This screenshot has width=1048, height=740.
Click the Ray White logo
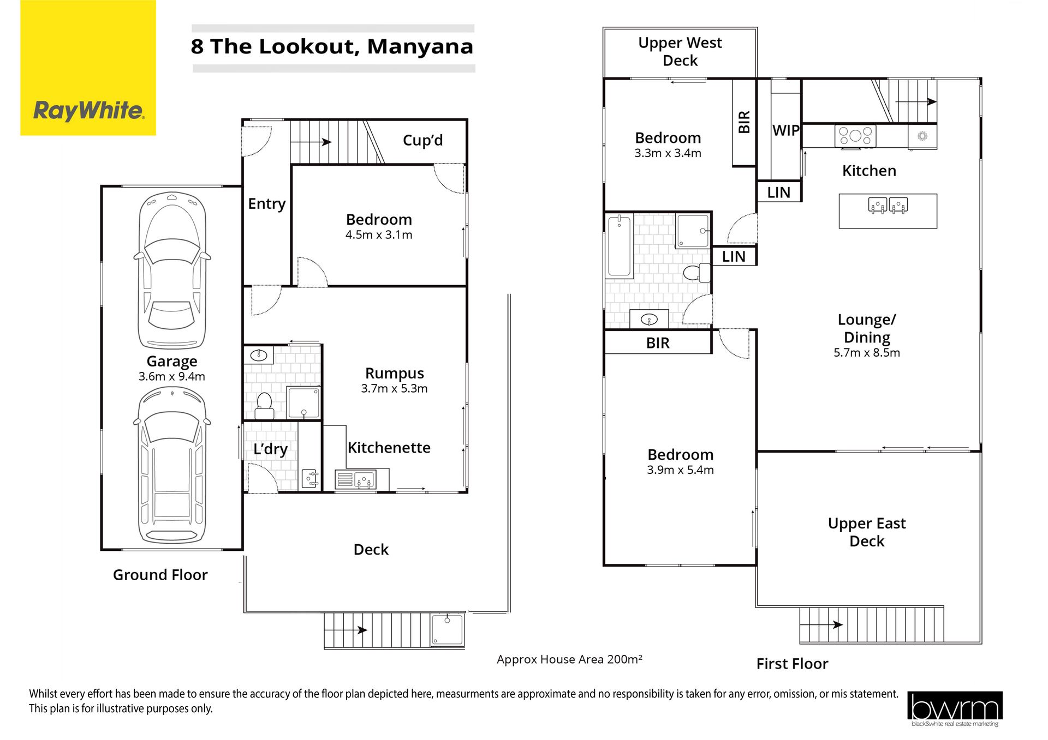[x=88, y=68]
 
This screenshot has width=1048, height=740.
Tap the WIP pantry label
[x=786, y=130]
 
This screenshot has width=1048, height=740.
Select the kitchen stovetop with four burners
[x=855, y=136]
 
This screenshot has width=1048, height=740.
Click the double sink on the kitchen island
[x=888, y=205]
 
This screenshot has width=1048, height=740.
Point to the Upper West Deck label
[x=680, y=51]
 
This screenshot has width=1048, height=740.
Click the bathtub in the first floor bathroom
[x=620, y=245]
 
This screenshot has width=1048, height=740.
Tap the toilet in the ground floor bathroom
[x=264, y=405]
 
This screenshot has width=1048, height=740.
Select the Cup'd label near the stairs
[x=422, y=140]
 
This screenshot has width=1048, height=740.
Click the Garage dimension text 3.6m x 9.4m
[x=172, y=376]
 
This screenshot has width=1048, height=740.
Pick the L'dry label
[x=270, y=449]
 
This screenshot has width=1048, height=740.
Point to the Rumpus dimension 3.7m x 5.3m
[x=394, y=388]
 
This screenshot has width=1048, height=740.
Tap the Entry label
[x=267, y=204]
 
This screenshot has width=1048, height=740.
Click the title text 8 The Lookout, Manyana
[x=332, y=46]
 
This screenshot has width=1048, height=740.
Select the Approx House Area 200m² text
[x=569, y=659]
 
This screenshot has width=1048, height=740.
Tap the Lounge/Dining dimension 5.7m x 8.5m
[x=867, y=353]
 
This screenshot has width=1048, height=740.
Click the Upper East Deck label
[x=867, y=532]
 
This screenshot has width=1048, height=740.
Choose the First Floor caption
[x=792, y=664]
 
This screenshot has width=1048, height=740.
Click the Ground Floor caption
[x=160, y=575]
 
